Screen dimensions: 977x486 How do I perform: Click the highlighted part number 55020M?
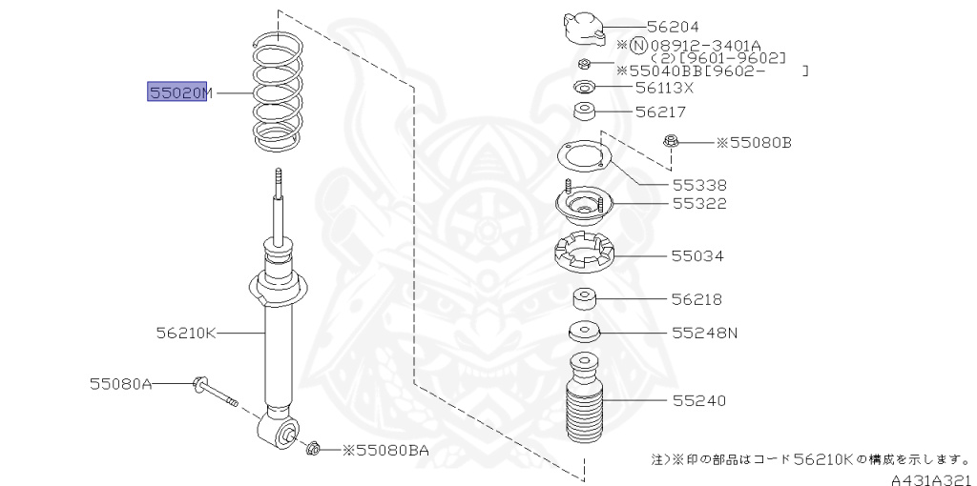(x=178, y=92)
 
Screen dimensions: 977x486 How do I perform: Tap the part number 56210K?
(x=187, y=334)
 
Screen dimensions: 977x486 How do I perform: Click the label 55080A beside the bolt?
(x=121, y=384)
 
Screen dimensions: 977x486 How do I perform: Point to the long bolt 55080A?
(x=214, y=392)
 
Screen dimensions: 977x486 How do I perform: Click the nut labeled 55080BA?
(x=313, y=447)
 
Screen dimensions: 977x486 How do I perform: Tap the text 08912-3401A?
(x=707, y=44)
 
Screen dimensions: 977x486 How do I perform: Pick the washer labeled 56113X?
(x=584, y=89)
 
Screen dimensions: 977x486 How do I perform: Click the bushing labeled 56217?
(x=584, y=113)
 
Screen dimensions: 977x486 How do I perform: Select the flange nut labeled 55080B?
(x=671, y=142)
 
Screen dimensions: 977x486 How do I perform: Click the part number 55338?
(x=699, y=186)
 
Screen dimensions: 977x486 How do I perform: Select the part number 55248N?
(x=705, y=334)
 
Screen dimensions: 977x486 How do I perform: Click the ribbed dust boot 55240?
(x=583, y=407)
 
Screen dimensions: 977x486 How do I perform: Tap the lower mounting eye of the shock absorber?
(x=283, y=435)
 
